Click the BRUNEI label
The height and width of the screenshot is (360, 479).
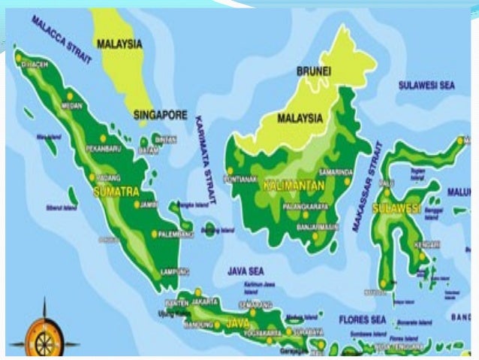click(x=313, y=71)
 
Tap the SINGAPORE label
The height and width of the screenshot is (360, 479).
click(x=160, y=115)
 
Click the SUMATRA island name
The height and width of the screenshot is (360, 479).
click(x=116, y=192)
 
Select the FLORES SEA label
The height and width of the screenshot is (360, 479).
click(x=362, y=319)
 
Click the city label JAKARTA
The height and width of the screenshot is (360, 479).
click(x=204, y=301)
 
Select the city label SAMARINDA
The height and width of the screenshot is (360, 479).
click(x=335, y=171)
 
